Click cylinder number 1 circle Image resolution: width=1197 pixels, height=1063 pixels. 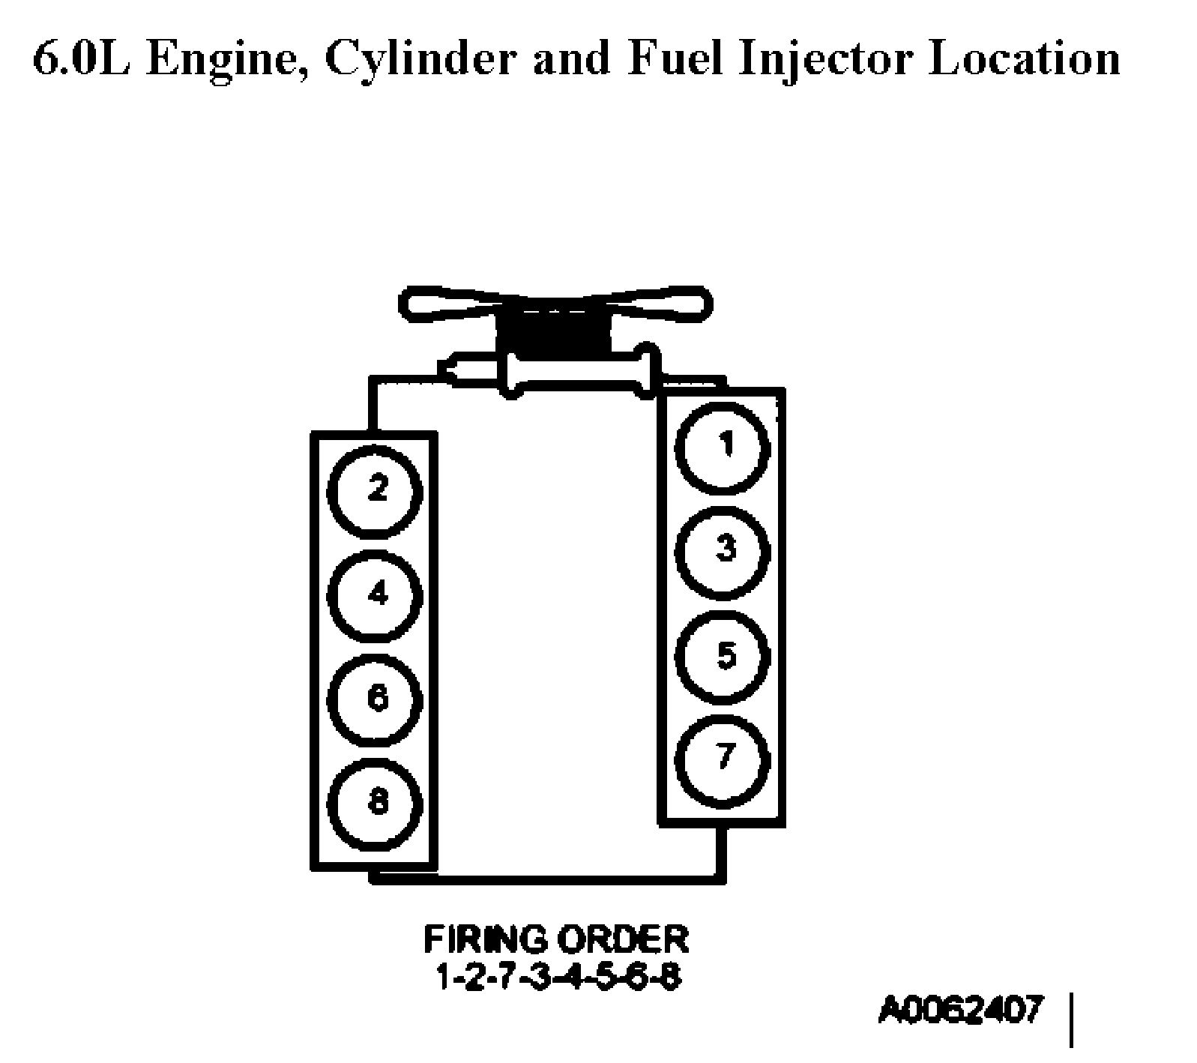tap(723, 448)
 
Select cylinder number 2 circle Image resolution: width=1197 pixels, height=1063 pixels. tap(376, 492)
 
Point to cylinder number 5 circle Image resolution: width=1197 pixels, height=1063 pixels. tap(723, 656)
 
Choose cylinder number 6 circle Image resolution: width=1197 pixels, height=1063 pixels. tap(376, 700)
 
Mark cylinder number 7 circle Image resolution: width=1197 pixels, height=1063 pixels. tap(723, 759)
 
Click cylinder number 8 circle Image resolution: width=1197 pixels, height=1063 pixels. tap(376, 804)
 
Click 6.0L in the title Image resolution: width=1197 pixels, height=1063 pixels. tap(83, 58)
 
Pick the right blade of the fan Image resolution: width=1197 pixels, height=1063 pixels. tap(660, 302)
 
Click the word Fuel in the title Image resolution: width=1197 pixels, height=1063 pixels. tap(675, 58)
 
